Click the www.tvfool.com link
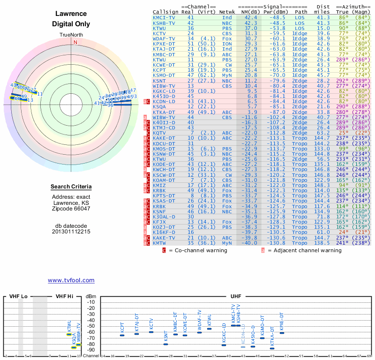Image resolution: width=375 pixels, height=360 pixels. point(71,280)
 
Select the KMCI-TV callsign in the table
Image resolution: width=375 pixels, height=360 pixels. point(165,17)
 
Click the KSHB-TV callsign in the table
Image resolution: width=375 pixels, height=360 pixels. point(165,23)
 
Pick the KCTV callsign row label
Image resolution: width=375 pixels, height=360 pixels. point(159,34)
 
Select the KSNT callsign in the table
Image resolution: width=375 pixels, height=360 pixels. point(159,82)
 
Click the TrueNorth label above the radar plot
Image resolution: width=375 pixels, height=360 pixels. point(71,35)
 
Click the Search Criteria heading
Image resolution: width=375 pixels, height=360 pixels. point(71,187)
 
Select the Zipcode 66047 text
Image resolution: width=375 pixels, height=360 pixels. point(71,209)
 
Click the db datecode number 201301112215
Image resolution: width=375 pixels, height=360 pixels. point(71,231)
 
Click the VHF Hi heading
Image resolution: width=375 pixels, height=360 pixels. point(65,296)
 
